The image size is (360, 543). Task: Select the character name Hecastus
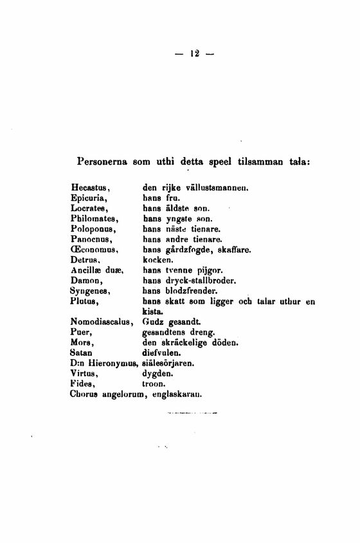pyautogui.click(x=89, y=187)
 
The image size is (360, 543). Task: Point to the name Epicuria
pyautogui.click(x=89, y=198)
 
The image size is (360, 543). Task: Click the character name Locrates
pyautogui.click(x=89, y=208)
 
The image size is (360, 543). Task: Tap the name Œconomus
pyautogui.click(x=93, y=250)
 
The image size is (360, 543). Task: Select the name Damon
pyautogui.click(x=85, y=281)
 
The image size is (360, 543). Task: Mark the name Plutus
pyautogui.click(x=85, y=301)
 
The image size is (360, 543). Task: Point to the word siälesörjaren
pyautogui.click(x=172, y=363)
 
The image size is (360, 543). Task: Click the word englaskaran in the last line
pyautogui.click(x=177, y=394)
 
